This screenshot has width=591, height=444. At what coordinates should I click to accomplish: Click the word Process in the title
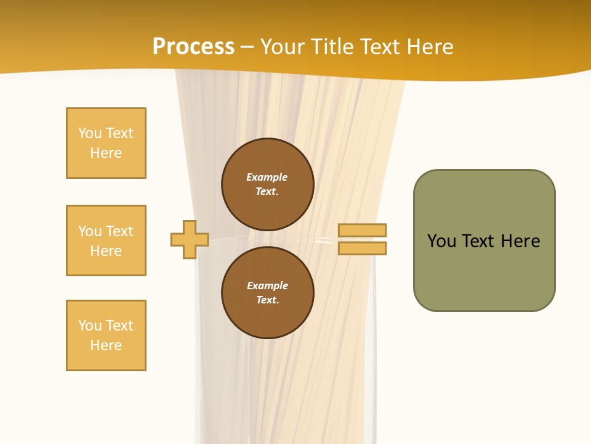[193, 47]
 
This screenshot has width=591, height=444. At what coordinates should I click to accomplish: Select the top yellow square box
[106, 143]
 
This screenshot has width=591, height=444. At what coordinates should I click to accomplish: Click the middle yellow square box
[106, 240]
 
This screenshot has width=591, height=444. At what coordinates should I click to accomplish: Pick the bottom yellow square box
[106, 335]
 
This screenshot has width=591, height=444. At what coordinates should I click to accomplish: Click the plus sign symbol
[190, 239]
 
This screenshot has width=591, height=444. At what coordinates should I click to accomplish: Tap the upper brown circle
[267, 184]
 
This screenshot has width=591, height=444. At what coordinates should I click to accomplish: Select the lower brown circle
[267, 293]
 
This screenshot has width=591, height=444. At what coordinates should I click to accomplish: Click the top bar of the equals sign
[362, 230]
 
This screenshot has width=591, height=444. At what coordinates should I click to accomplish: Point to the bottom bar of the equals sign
[362, 248]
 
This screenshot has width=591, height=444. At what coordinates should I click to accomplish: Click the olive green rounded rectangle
[484, 240]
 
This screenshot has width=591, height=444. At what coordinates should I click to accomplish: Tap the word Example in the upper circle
[267, 177]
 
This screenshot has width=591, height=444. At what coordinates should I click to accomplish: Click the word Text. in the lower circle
[267, 300]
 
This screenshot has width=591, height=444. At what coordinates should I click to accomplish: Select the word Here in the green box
[520, 241]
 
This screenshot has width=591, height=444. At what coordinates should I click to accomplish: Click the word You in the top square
[90, 133]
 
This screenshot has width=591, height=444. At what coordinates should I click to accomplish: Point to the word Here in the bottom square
[106, 345]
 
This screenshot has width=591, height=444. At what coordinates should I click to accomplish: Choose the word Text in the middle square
[119, 231]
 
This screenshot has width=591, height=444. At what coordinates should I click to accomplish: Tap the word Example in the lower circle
[267, 286]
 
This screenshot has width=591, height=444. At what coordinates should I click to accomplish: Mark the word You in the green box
[442, 241]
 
